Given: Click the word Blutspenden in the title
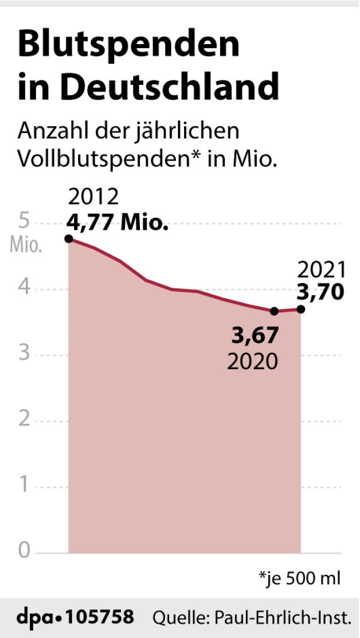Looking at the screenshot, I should click(128, 45).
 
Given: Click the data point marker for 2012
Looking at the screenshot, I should click(69, 238).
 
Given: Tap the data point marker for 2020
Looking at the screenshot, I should click(274, 311).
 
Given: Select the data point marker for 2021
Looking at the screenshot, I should click(300, 309).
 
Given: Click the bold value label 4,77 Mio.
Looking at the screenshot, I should click(118, 222).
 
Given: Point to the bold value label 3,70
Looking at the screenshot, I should click(321, 292).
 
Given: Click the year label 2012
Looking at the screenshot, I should click(94, 198).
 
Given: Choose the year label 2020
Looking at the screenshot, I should click(253, 361).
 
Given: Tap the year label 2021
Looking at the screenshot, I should click(323, 269).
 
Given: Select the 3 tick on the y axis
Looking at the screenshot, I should click(24, 353).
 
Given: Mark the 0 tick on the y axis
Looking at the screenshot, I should click(24, 551).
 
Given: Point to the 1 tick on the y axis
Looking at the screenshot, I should click(24, 486).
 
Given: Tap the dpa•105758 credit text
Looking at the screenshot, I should click(75, 617).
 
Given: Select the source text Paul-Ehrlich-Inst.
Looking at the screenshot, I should click(281, 618).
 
